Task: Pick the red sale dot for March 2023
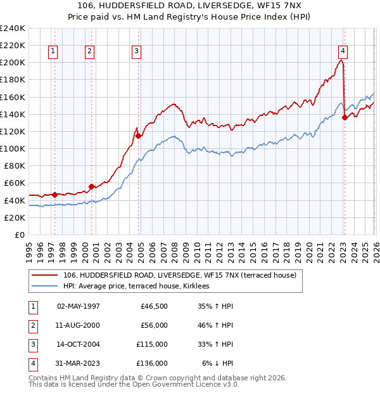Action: (345, 117)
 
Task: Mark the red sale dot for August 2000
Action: (91, 186)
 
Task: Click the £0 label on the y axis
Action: (19, 235)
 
